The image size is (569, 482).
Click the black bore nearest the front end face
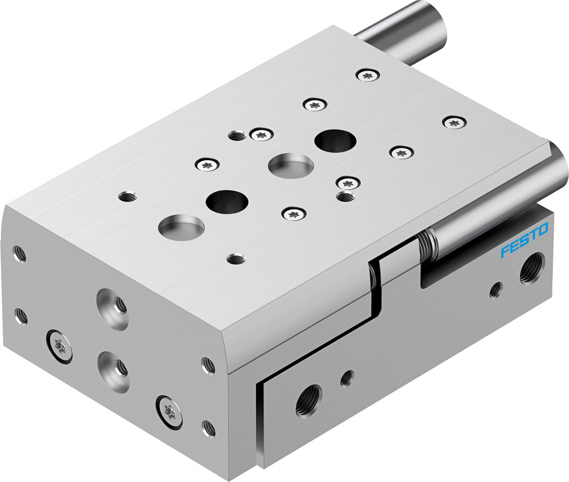[227, 201]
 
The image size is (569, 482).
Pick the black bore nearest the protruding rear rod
[336, 141]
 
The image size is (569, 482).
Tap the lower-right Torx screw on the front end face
[169, 410]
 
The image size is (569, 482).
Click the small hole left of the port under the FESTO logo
[496, 289]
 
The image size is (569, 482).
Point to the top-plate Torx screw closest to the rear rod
[366, 75]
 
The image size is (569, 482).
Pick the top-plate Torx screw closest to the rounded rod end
[454, 122]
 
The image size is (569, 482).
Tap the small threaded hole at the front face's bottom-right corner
[209, 427]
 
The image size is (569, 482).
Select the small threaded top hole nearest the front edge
[236, 259]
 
